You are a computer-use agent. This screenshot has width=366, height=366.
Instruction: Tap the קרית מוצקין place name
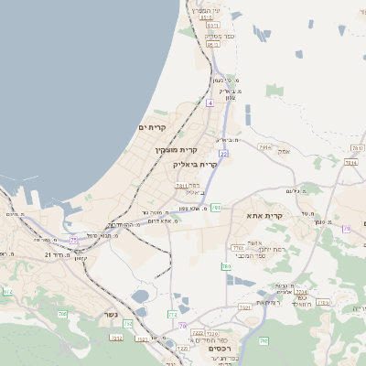[177, 149]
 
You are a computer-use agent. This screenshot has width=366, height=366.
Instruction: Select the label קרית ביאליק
[195, 165]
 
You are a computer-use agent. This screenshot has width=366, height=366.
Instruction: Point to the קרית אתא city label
[264, 216]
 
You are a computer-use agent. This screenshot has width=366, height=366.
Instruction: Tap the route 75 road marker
[73, 240]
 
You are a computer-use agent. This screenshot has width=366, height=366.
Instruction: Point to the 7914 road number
[264, 147]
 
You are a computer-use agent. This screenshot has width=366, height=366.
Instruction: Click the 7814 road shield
[350, 162]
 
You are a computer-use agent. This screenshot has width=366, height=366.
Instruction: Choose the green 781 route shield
[215, 209]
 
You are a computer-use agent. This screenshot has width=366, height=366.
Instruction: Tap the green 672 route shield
[8, 292]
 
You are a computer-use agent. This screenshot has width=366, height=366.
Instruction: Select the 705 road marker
[62, 314]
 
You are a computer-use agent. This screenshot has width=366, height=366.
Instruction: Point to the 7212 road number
[116, 338]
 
